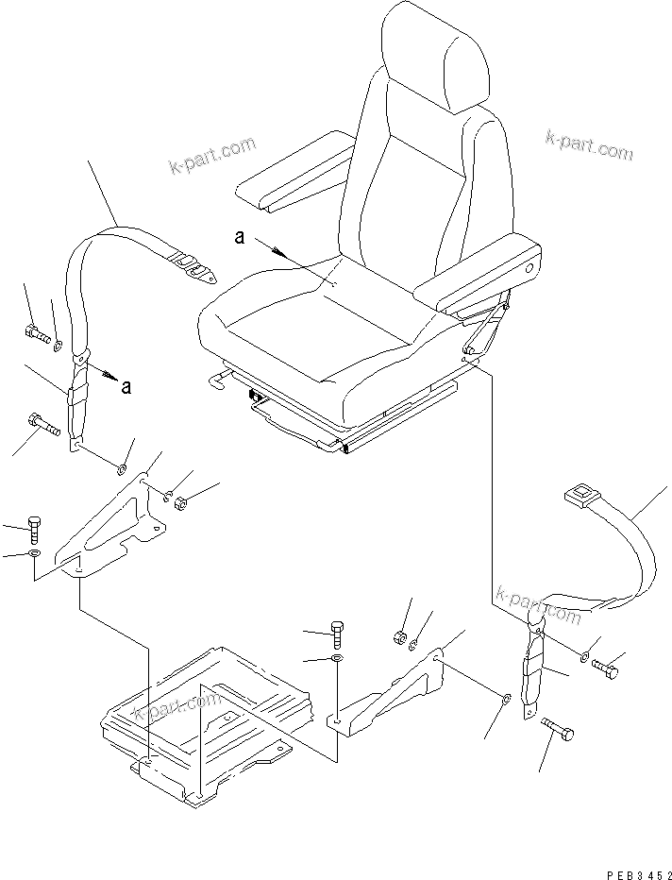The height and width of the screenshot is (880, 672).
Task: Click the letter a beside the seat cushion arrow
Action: click(x=240, y=238)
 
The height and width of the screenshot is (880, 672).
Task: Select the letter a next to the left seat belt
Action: click(x=126, y=385)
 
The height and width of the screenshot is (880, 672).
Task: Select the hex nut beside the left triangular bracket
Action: click(x=182, y=500)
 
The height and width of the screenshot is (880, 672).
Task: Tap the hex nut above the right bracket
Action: click(x=399, y=639)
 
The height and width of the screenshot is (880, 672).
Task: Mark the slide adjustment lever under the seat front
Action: click(x=220, y=380)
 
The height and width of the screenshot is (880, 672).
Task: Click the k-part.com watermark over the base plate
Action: click(x=177, y=706)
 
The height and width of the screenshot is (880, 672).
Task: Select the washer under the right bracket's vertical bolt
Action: click(x=337, y=657)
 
